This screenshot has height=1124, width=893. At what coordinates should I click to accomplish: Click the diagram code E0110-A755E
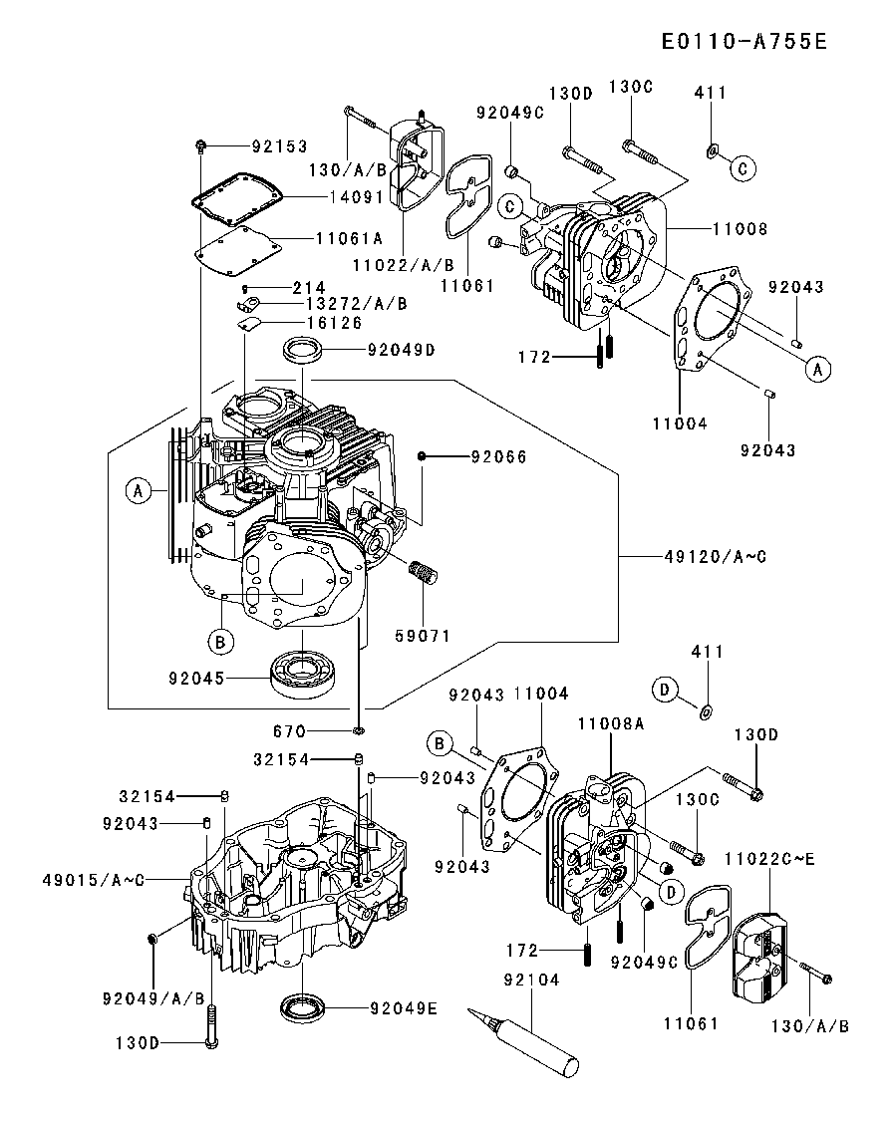pos(744,41)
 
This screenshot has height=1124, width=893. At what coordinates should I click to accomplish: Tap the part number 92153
pos(279,146)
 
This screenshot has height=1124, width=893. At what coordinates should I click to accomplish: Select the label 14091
pos(357,196)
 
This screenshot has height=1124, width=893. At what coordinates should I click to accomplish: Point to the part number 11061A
pos(350,238)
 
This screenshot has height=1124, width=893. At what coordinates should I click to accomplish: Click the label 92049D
pos(402,350)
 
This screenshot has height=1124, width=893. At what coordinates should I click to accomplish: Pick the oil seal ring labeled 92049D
pos(302,351)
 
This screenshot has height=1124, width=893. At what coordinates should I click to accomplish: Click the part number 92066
pos(498,456)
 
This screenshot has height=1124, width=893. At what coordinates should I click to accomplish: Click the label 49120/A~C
pos(716,556)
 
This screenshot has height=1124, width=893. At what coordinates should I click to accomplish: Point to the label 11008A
pos(611,724)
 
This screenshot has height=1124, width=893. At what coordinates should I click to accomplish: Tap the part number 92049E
pos(404,1008)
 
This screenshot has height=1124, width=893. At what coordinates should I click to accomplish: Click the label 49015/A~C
pos(94,880)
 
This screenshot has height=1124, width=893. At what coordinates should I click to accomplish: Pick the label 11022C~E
pos(769,859)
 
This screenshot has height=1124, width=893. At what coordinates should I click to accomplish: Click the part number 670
pos(290,731)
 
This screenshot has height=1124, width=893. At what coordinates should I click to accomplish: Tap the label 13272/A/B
pos(357,304)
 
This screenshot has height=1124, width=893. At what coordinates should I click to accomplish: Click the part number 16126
pos(335,323)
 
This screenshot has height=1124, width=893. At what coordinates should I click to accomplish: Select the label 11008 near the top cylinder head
pos(741,228)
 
